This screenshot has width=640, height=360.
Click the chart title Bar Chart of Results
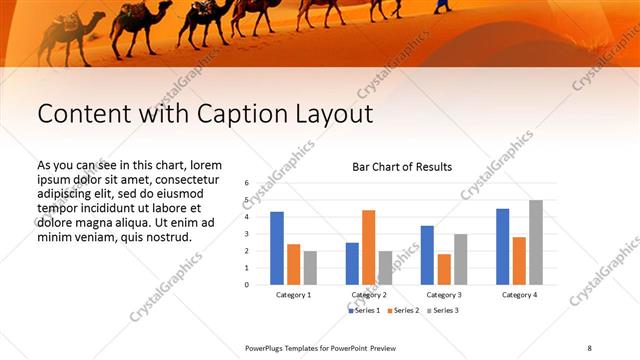tap(401, 167)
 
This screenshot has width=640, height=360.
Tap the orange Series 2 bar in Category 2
tap(368, 247)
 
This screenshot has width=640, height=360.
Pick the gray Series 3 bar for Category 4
tap(536, 242)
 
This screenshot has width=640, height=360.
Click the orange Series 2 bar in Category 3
tap(444, 269)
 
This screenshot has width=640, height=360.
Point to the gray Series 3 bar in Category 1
tap(310, 267)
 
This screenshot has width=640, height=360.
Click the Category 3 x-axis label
tap(443, 295)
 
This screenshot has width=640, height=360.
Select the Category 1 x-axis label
tap(293, 295)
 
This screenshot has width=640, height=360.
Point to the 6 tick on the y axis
tap(246, 184)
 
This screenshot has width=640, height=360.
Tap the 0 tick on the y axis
tap(246, 284)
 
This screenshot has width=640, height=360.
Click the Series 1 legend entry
tap(364, 311)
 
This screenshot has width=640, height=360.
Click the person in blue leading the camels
tap(441, 8)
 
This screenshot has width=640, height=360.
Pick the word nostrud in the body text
tap(167, 237)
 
